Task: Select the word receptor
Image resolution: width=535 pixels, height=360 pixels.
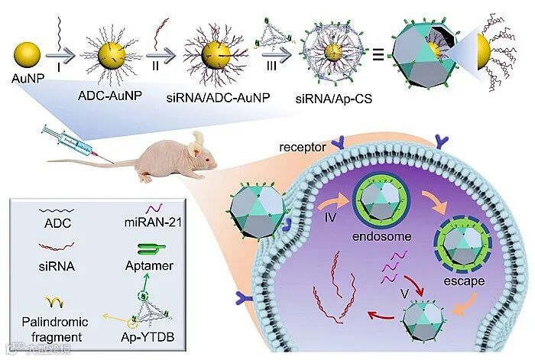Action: coord(300,145)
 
